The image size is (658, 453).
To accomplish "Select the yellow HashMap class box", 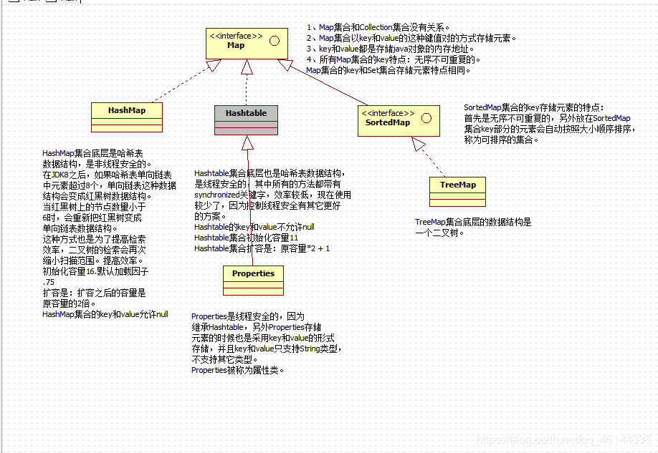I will click(127, 115).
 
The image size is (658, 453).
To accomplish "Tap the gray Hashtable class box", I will click(246, 118).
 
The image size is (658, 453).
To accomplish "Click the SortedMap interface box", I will click(399, 122).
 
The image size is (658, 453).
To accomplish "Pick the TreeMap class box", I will click(457, 189).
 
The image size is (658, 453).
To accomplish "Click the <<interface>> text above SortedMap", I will click(388, 113).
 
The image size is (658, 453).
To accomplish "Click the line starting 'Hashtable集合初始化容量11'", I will click(246, 238).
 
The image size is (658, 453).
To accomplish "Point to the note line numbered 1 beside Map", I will click(378, 27).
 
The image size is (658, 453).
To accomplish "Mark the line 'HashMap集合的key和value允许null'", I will click(105, 313).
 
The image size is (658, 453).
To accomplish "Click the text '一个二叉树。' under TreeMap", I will click(440, 233).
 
